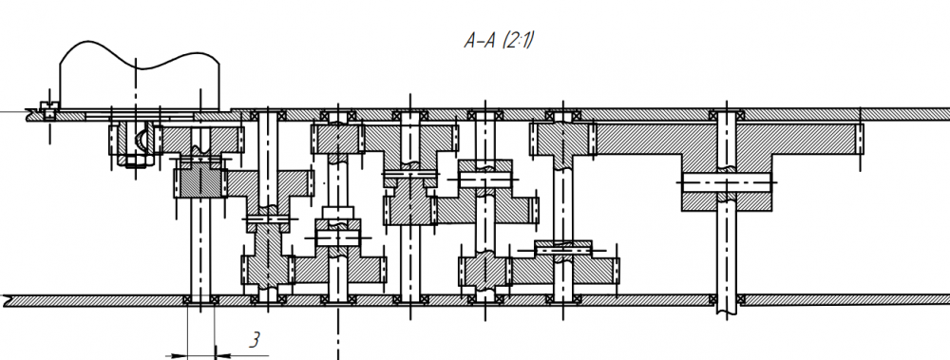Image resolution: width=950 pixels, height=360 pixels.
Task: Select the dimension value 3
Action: (256, 340)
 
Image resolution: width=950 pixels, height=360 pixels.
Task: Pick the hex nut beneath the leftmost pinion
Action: (135, 161)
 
